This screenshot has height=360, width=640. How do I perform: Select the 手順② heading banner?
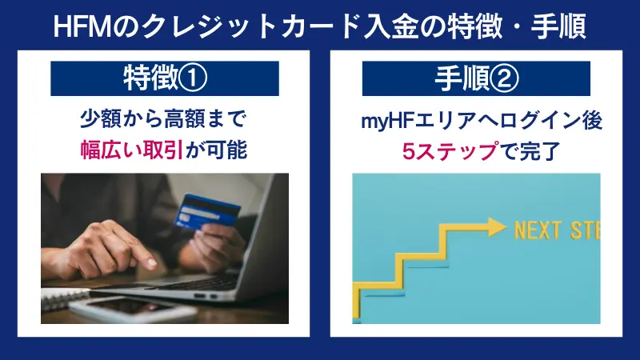pos(476,78)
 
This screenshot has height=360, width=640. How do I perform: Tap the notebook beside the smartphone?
pos(60,300)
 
